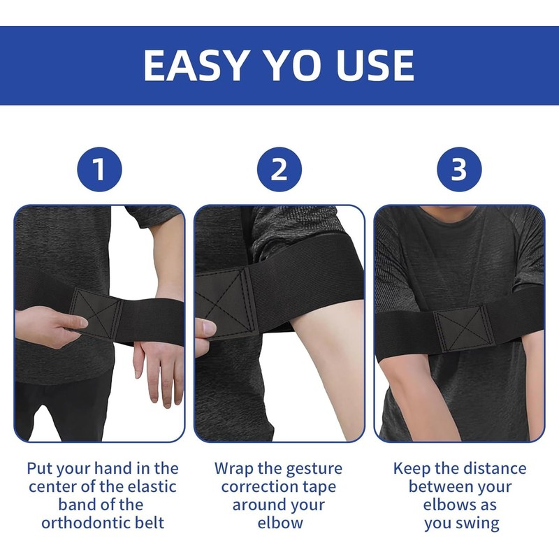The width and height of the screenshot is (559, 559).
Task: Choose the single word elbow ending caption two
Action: click(x=279, y=523)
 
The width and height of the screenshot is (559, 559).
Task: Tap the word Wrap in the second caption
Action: click(x=234, y=468)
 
